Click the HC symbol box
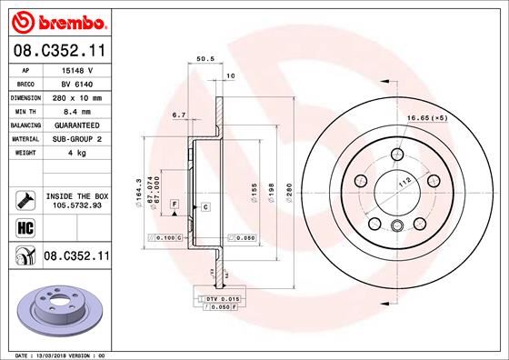[25, 227]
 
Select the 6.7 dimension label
[179, 115]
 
